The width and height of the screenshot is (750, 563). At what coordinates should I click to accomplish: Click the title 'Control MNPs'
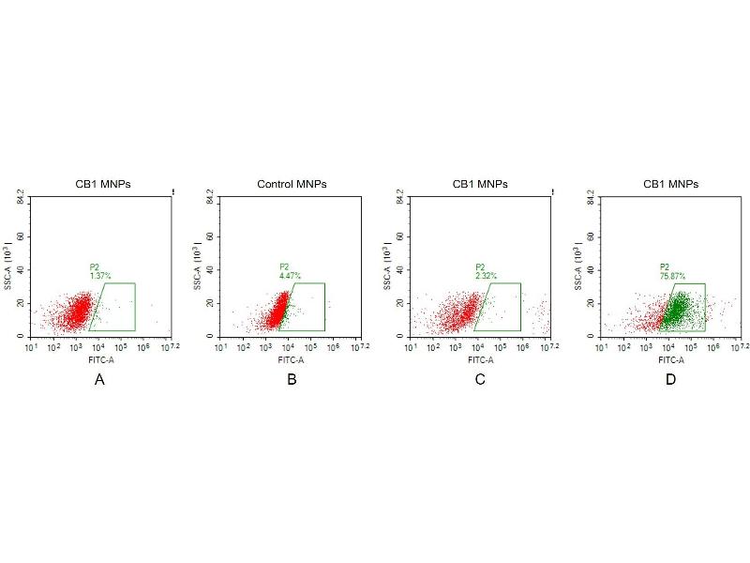coord(292,184)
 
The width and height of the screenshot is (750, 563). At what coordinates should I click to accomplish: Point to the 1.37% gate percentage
coord(100,276)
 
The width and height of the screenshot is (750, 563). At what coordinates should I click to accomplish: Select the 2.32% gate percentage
coord(486,276)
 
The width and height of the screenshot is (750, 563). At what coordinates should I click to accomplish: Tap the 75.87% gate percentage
coord(672,276)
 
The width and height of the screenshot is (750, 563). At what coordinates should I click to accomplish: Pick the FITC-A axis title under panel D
coord(670,358)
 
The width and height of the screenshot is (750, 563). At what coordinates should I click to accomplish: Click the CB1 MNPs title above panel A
coord(103,184)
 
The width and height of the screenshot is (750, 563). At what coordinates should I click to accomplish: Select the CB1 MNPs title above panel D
coord(670,184)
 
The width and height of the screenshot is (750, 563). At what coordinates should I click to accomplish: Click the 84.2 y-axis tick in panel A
coord(21,197)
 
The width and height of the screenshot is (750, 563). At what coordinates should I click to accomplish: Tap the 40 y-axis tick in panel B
coord(211,270)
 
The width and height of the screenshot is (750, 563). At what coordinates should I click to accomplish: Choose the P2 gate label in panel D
coord(664,266)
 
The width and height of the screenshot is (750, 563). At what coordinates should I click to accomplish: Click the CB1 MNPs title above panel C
coord(480,184)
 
